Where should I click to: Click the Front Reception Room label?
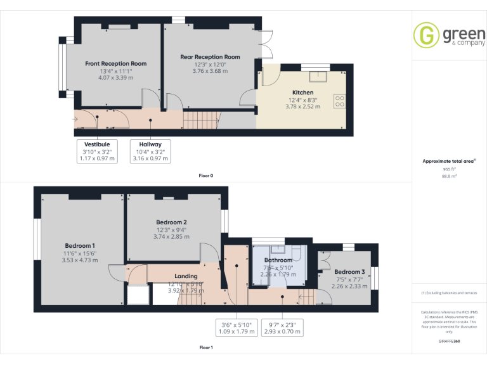116,64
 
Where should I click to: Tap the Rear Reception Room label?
210,57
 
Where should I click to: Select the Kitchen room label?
302,93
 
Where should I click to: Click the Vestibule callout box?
98,151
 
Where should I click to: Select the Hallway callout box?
150,151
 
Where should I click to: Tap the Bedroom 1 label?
80,245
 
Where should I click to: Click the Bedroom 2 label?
171,222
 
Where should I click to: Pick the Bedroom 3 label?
349,272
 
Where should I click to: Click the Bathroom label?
278,260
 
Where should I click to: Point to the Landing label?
186,276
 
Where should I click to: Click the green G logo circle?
425,35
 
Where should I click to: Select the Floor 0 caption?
206,175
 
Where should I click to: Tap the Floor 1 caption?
206,347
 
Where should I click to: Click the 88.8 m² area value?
449,176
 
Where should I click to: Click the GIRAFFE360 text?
449,341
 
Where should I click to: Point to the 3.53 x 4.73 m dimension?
80,260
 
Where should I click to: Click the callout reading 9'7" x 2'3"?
282,328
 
